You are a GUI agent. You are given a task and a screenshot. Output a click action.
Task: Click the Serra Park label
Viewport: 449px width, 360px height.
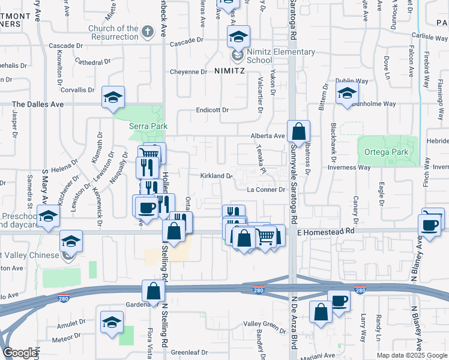[149, 126]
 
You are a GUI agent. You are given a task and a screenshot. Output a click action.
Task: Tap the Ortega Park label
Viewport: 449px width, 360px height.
[386, 152]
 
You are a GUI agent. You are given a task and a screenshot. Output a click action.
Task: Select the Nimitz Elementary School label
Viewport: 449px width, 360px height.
[277, 56]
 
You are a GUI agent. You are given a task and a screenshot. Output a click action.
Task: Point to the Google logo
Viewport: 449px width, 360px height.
[20, 353]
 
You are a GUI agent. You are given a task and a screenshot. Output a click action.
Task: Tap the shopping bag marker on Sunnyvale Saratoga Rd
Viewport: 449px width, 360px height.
[298, 131]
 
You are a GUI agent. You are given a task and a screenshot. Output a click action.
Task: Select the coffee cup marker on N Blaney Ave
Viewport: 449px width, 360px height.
[430, 224]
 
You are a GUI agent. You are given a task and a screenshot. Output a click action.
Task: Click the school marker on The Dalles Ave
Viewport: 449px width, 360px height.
[113, 98]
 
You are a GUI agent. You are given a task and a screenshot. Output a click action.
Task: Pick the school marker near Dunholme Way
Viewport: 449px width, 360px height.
[347, 94]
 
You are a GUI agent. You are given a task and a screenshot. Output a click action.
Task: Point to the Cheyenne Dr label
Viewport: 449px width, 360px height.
[188, 72]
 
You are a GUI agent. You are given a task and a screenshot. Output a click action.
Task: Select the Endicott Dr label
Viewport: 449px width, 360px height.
[212, 110]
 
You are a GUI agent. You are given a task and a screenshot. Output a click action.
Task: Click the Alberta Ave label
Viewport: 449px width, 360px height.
[268, 136]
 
